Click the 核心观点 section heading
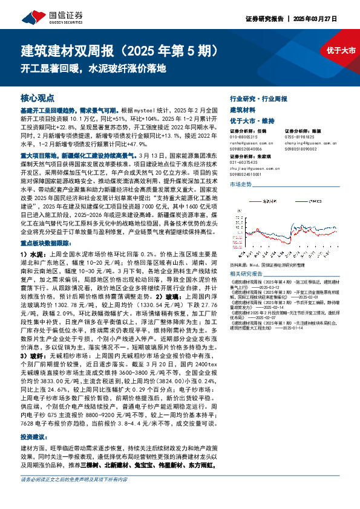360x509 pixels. [38, 97]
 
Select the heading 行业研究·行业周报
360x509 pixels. [259, 98]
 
